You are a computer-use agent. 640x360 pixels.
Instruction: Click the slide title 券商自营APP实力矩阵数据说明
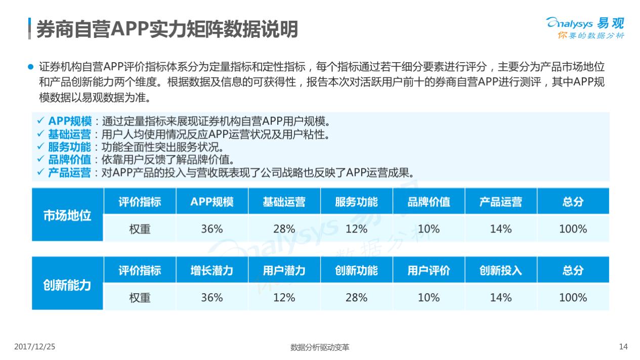tap(167, 29)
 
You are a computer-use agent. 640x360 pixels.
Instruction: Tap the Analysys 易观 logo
tap(585, 27)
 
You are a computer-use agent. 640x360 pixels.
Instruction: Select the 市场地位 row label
tap(67, 215)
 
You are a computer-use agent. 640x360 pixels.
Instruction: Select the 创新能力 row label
tap(67, 284)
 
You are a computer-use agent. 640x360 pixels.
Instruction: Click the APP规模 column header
tap(212, 202)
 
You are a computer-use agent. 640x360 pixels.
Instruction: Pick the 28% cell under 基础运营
tap(284, 229)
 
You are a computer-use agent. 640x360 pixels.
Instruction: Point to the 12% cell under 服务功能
tap(356, 229)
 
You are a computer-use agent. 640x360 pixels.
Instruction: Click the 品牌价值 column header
tap(429, 202)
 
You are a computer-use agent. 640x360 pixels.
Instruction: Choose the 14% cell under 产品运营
tap(500, 229)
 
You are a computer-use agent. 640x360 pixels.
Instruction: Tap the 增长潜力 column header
tap(212, 271)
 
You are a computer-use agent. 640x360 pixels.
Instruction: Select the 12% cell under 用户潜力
tap(284, 298)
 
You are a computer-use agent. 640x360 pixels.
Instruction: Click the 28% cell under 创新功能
tap(356, 298)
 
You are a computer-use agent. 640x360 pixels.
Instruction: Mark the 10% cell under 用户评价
tap(429, 298)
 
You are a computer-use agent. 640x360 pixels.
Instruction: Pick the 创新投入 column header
tap(500, 271)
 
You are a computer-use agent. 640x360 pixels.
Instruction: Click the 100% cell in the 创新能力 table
tap(573, 298)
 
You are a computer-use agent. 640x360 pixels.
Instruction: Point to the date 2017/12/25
tap(34, 347)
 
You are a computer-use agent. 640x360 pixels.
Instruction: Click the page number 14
tap(623, 347)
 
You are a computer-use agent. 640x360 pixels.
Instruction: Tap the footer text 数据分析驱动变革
tap(320, 347)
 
